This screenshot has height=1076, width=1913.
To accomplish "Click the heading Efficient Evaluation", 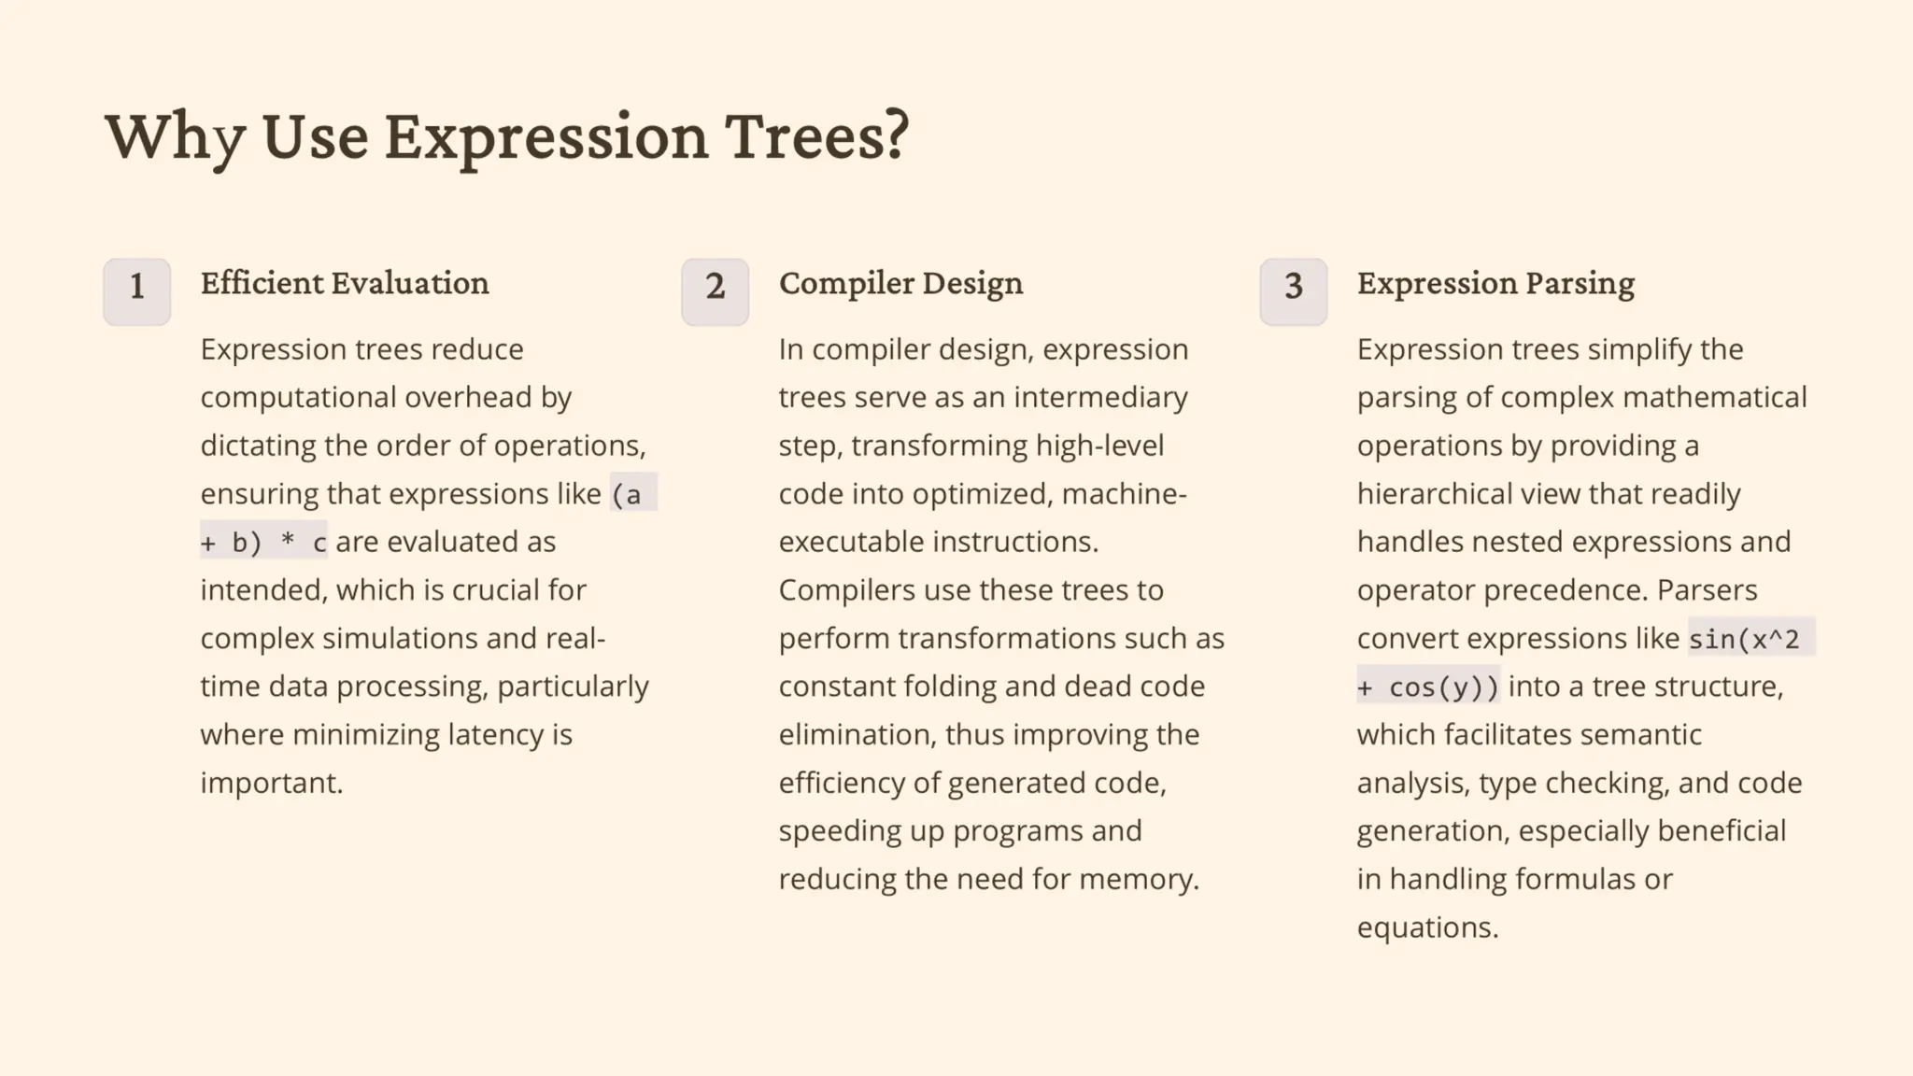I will [345, 283].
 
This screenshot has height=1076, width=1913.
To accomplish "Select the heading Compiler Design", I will [900, 283].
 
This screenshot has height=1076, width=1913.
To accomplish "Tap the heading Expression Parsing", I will [1495, 283].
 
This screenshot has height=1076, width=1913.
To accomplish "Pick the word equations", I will [1427, 927].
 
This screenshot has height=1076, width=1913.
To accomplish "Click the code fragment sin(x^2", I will [1744, 639].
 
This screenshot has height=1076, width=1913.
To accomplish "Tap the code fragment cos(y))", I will [1443, 687].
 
